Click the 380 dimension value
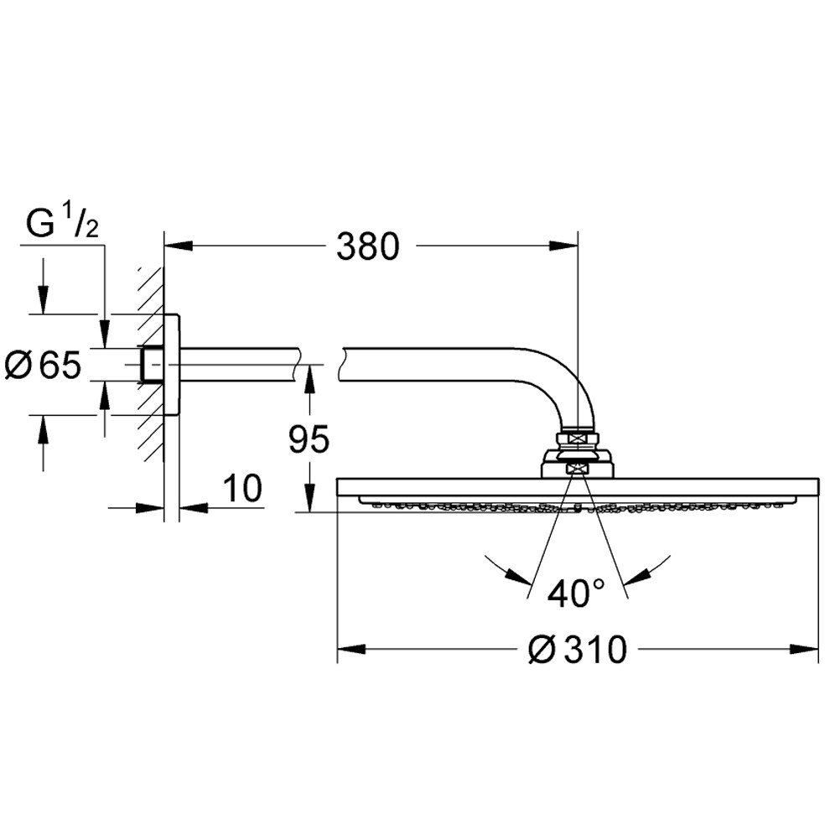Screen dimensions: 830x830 (368, 246)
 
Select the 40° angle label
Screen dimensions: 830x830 (577, 594)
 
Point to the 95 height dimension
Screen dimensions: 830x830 (309, 438)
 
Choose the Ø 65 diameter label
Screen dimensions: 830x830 (43, 365)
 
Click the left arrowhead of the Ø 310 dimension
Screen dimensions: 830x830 (351, 649)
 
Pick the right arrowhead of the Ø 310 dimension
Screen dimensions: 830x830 (805, 649)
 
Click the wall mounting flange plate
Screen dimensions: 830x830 (172, 365)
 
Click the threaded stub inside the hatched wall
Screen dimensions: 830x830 (152, 365)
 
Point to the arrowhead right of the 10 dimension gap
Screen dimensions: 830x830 (193, 507)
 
